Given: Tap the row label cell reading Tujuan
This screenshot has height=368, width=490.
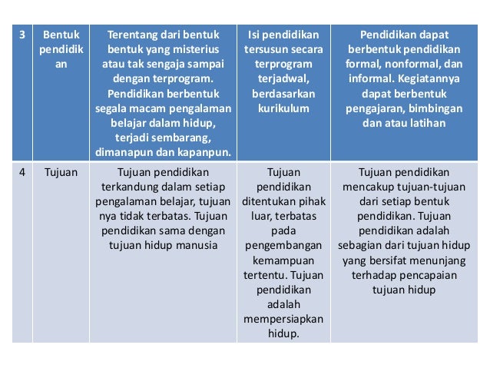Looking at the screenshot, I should (61, 173).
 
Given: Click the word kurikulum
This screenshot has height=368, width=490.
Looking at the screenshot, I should (283, 108).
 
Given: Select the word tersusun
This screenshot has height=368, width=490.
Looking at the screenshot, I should (267, 49).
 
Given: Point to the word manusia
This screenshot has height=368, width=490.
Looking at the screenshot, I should (197, 246).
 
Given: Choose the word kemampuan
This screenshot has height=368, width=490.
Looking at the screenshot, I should (283, 260).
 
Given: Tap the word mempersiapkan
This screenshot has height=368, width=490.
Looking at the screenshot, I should (283, 319).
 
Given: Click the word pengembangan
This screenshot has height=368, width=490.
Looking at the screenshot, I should (283, 246).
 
